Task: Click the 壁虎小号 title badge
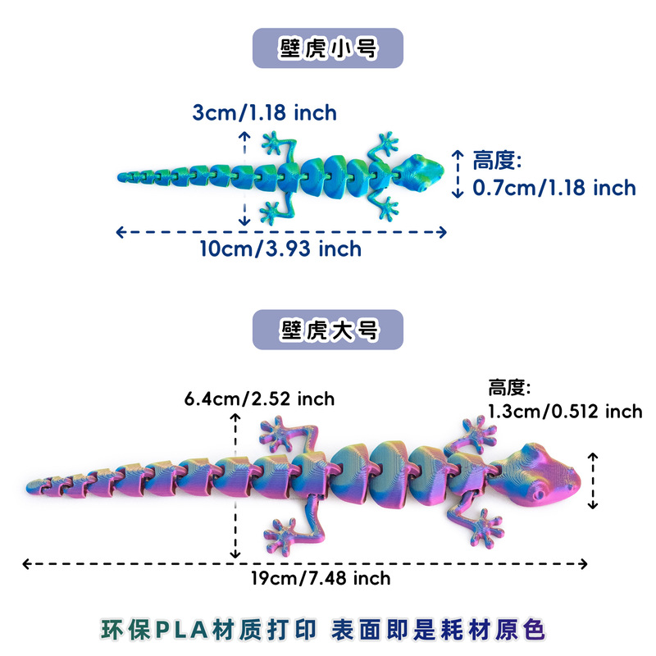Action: coord(327,48)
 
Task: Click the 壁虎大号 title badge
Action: coord(327,330)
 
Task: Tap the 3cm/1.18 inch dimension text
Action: coord(264,112)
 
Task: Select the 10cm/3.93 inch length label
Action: coord(280,248)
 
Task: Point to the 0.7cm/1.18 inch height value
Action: coord(554,188)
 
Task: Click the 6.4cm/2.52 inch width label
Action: coord(259,399)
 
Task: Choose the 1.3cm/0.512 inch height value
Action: coord(565,411)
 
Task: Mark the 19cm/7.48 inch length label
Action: coord(321,579)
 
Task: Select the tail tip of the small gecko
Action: coord(124,175)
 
